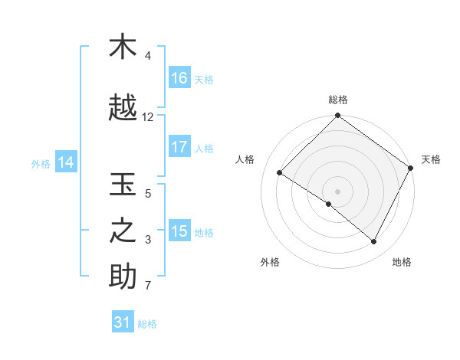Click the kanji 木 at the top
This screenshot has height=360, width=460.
click(123, 47)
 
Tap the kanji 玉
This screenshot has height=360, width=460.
click(123, 186)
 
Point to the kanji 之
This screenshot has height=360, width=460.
click(123, 232)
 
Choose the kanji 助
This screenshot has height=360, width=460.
click(123, 277)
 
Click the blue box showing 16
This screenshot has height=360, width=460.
click(179, 78)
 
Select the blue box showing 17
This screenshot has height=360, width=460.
click(179, 147)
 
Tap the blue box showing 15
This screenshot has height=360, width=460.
click(179, 231)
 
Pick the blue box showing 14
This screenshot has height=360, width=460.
click(66, 162)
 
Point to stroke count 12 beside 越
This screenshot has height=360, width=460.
click(148, 117)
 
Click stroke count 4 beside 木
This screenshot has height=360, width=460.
click(148, 56)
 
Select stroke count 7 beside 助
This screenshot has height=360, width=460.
click(148, 286)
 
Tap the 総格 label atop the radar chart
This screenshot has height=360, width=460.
click(338, 100)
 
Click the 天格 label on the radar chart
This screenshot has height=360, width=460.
click(431, 159)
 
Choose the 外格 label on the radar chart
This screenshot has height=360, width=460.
click(270, 262)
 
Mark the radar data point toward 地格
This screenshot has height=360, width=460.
click(374, 242)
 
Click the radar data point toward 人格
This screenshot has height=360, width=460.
click(280, 173)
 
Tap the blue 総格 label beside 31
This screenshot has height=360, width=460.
click(147, 324)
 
